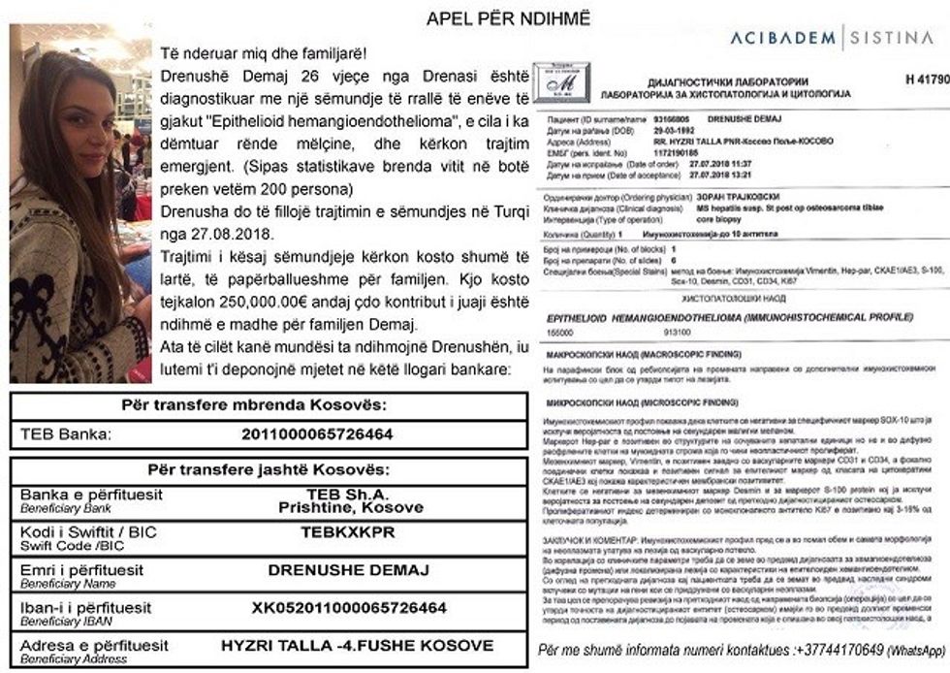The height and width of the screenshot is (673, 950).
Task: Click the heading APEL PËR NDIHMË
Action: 508,17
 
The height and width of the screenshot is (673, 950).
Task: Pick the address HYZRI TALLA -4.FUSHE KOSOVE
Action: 357,645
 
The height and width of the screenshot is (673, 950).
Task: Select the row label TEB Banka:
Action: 66,433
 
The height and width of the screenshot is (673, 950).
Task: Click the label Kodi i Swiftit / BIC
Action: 88,531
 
